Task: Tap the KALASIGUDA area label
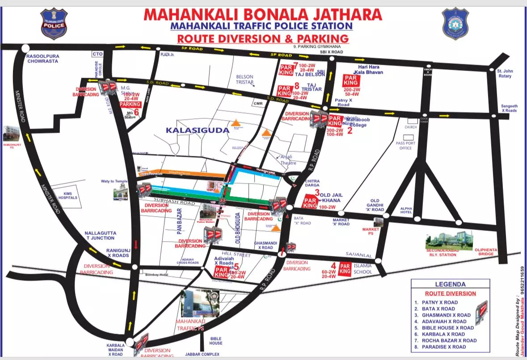point(193,130)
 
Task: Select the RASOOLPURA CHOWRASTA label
point(42,59)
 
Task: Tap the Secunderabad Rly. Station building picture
point(449,240)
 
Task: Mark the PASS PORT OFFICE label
point(405,145)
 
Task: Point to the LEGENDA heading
point(450,284)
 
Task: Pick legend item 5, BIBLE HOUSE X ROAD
point(447,327)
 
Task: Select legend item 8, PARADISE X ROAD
point(444,347)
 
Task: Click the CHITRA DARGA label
point(312,184)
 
